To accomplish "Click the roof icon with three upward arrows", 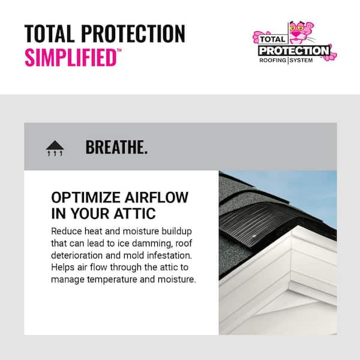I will (x=55, y=148).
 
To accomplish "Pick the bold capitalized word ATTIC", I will (x=132, y=214).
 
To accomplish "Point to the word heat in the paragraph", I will (x=95, y=231).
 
